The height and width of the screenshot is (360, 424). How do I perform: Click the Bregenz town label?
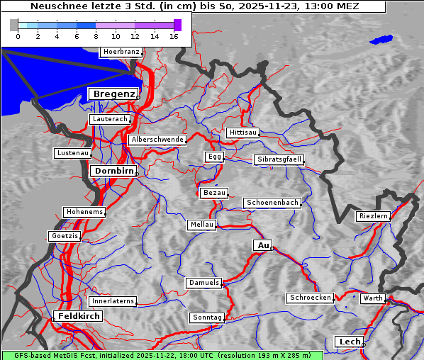(113, 94)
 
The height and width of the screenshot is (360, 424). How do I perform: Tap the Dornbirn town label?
(112, 171)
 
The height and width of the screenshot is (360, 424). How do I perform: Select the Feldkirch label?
(77, 315)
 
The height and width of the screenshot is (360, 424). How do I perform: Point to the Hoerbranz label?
(121, 52)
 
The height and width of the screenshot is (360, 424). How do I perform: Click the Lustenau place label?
(72, 153)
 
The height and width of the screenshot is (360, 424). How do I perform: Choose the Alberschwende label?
(157, 140)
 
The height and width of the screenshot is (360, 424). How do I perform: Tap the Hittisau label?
(243, 133)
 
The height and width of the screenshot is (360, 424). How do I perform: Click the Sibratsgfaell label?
(279, 159)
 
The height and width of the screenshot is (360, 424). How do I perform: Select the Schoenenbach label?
(272, 203)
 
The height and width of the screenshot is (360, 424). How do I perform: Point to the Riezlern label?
(373, 216)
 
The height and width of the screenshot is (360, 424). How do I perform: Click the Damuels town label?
(204, 283)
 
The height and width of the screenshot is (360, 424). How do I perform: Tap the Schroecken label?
(310, 298)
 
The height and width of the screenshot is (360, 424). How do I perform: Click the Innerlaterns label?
(113, 301)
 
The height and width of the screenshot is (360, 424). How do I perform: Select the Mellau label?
(202, 225)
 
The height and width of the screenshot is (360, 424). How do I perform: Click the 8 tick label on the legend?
(96, 36)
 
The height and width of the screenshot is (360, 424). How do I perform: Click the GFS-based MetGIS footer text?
(57, 355)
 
